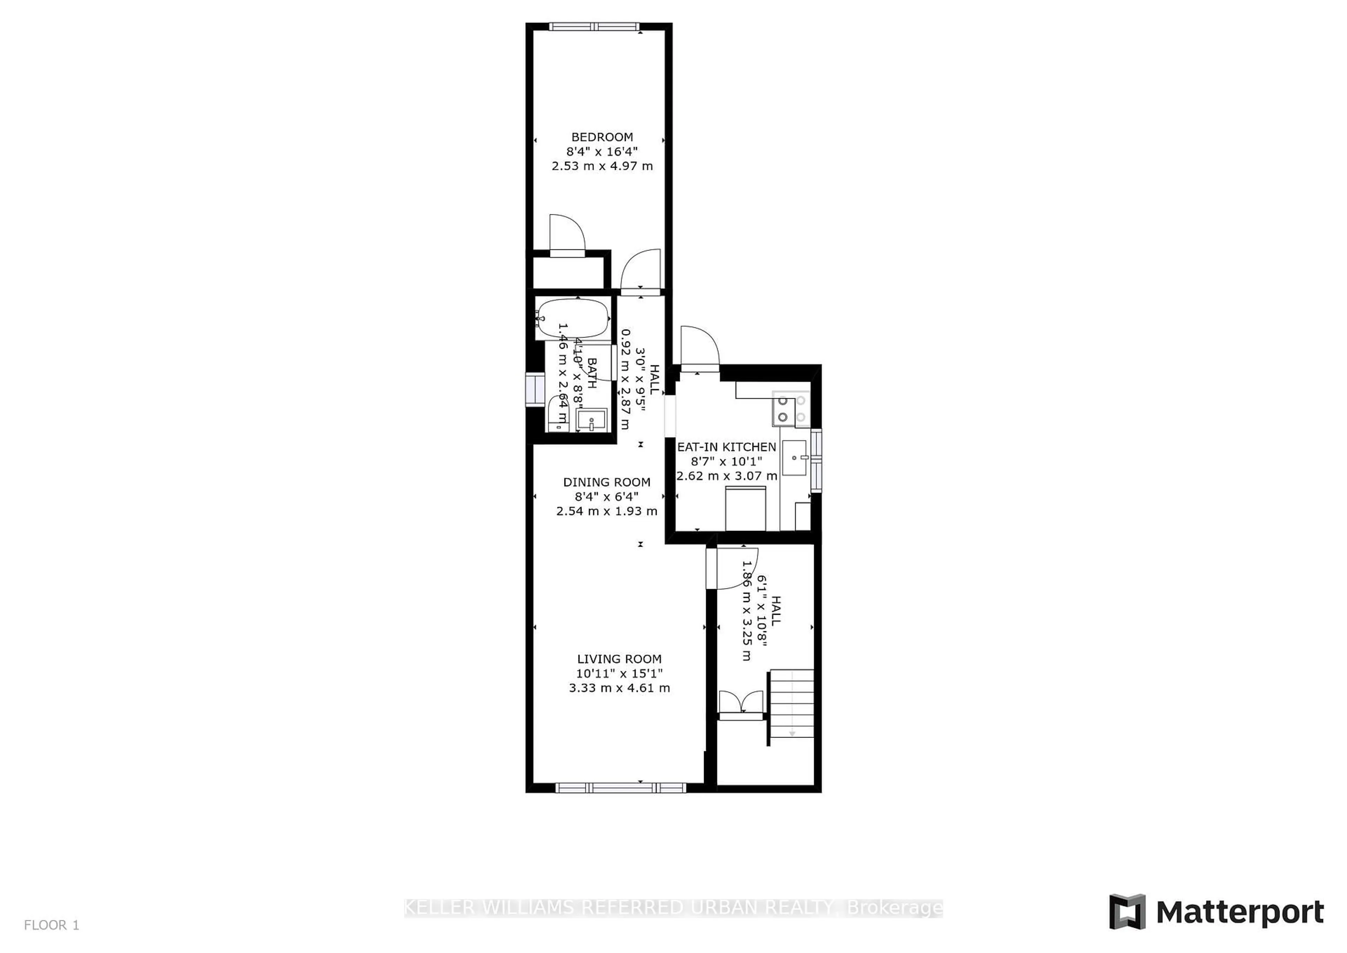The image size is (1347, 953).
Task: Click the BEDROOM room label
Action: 602,137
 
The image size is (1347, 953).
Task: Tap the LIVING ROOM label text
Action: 619,659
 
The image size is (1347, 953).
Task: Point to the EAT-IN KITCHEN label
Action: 726,447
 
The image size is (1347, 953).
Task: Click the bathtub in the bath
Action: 573,319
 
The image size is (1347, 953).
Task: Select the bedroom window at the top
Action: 594,26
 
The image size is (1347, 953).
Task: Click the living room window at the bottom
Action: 620,787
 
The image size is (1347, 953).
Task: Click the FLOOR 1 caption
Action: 52,925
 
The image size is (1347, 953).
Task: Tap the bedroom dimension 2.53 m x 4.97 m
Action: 602,166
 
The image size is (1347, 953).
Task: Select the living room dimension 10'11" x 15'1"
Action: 619,674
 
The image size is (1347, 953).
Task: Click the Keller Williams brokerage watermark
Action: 673,908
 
